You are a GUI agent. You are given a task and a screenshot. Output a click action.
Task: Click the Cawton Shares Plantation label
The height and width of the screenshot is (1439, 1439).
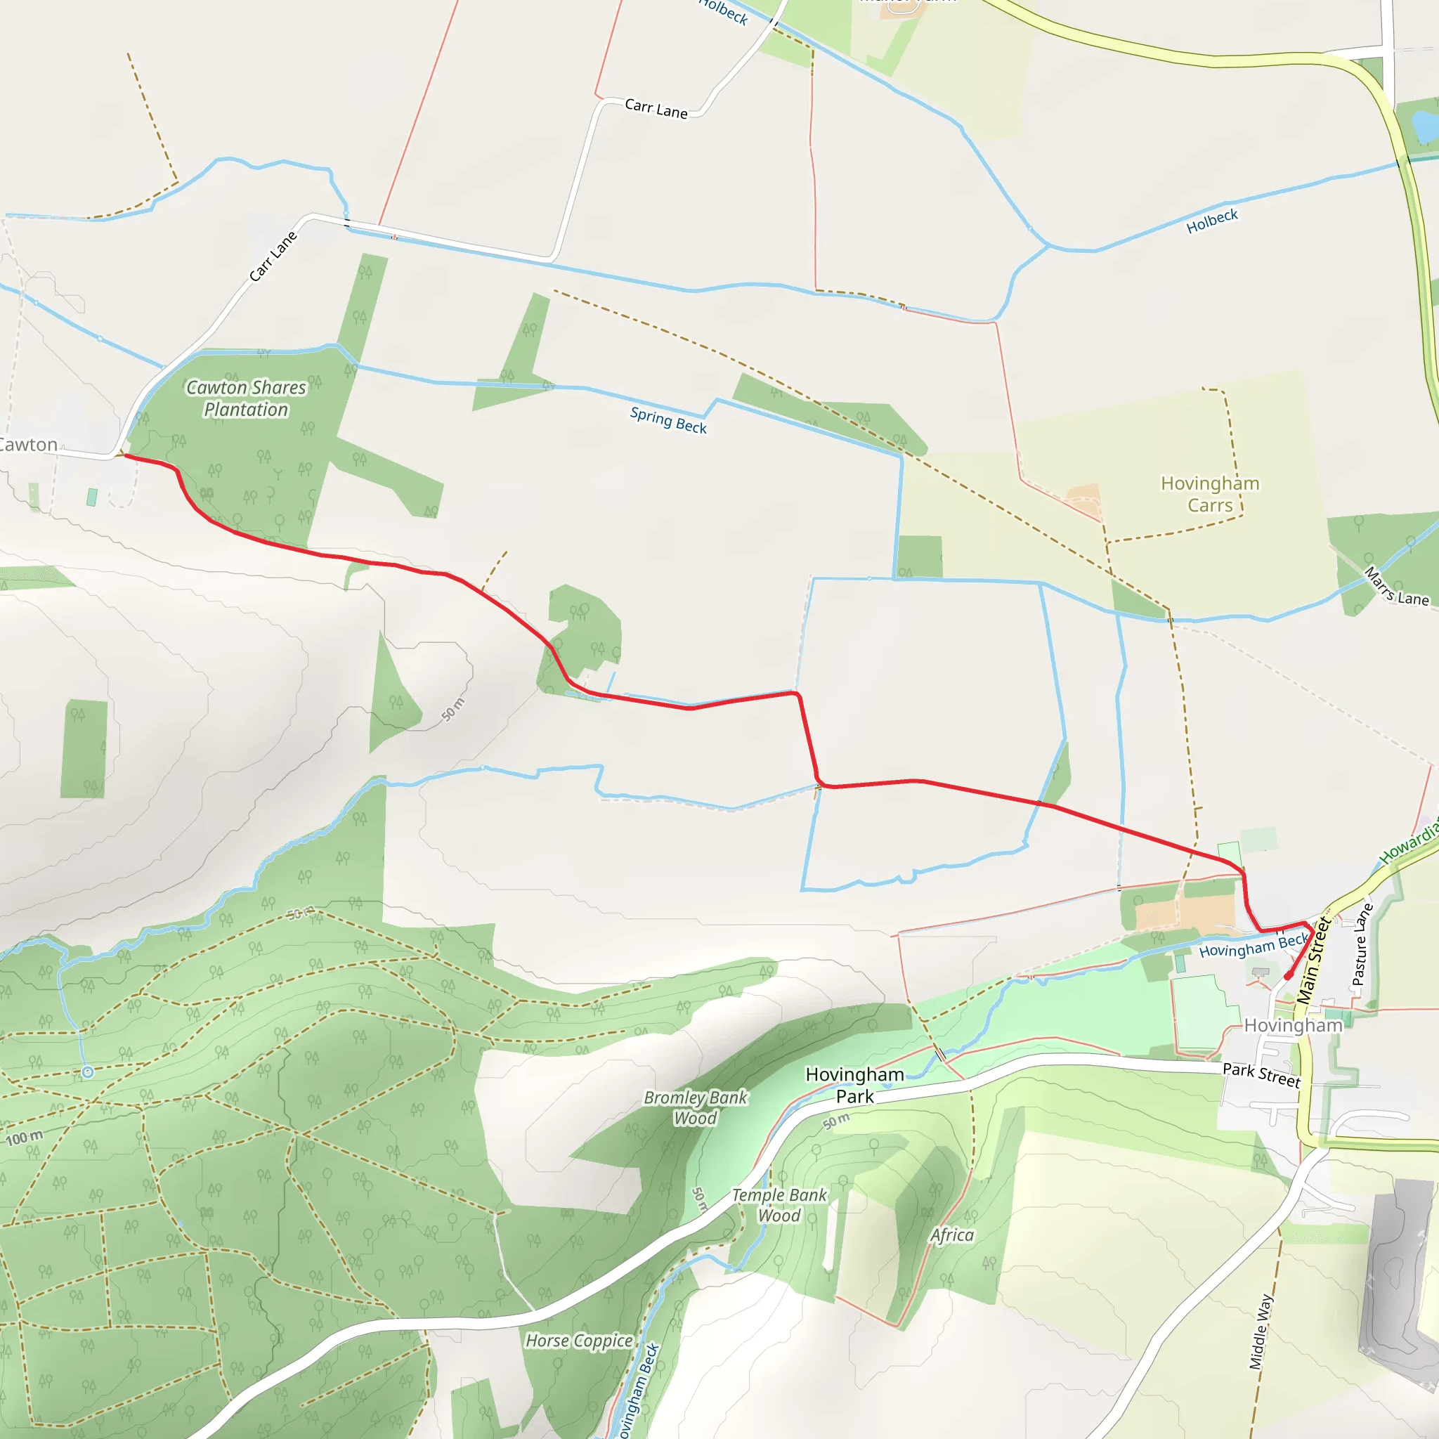point(246,398)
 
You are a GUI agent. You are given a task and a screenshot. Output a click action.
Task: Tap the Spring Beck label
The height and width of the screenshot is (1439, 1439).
point(668,420)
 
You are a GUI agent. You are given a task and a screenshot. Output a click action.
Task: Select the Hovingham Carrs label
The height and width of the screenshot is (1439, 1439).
point(1210,494)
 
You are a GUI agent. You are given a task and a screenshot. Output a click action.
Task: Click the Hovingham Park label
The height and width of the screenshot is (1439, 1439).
point(854,1085)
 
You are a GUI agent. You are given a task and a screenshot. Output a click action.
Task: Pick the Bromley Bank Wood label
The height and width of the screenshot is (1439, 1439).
point(695,1107)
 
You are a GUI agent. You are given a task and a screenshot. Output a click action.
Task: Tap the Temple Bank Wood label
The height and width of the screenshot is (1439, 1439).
point(779,1205)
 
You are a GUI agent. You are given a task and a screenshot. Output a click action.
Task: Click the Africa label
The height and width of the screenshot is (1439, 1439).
point(952,1235)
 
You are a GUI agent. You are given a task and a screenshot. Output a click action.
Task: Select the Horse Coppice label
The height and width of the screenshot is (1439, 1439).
point(579,1341)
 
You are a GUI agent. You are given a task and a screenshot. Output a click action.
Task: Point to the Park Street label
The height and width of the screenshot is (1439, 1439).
point(1261,1074)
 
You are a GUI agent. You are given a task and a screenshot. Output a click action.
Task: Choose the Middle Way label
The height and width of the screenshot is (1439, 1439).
point(1261,1331)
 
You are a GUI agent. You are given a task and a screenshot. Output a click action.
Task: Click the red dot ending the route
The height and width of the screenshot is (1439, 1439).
point(1289,976)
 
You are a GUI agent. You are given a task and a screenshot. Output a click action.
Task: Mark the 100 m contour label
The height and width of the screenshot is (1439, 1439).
point(25,1138)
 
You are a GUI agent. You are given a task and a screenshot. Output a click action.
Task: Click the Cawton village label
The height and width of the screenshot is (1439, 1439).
point(28,445)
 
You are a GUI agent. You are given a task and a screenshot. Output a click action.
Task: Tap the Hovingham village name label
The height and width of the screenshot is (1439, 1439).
point(1293,1026)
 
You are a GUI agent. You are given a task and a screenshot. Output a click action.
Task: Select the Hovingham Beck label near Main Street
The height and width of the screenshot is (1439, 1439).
point(1254,946)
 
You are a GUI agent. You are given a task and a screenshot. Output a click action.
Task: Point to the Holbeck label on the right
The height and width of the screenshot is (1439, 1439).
point(1212,221)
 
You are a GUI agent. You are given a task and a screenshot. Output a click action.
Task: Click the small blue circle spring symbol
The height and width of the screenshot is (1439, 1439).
point(88,1072)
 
